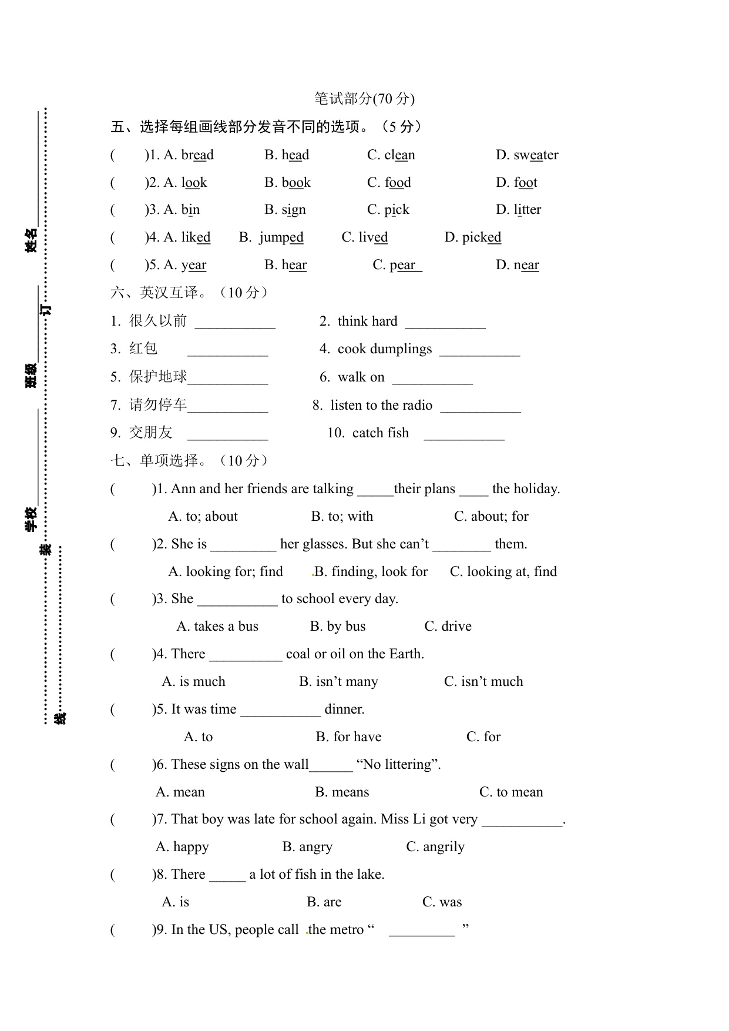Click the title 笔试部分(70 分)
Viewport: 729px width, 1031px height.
point(364,99)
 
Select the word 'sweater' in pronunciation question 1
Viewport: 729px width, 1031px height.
point(536,155)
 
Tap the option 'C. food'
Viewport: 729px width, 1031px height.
point(389,183)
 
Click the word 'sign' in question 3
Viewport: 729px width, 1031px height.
point(293,210)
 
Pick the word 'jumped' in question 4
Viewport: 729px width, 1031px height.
point(281,237)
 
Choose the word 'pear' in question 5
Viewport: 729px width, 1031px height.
point(402,265)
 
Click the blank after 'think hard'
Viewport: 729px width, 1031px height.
point(445,323)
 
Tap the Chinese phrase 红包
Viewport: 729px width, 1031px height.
point(143,349)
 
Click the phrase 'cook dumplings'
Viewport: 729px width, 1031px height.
point(384,349)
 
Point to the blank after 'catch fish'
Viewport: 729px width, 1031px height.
point(464,434)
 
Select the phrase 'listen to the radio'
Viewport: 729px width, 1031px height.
point(381,405)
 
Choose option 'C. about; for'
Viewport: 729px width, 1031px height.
point(491,517)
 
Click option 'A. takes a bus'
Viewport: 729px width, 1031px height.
point(217,627)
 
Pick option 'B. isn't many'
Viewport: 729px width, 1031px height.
point(338,682)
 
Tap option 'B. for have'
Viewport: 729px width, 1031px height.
point(348,737)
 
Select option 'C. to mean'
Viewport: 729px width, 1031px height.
point(511,792)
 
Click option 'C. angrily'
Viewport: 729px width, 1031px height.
point(435,847)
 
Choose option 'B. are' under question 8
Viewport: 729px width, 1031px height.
point(324,902)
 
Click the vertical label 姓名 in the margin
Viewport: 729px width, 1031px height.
point(31,240)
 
